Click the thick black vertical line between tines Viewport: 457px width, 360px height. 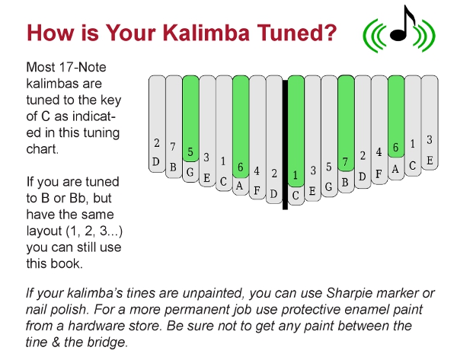point(285,144)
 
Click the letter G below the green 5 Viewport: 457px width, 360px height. point(190,172)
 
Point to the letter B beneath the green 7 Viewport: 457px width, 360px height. point(345,183)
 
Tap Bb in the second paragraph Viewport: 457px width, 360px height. point(78,198)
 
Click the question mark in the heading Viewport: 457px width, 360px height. point(330,32)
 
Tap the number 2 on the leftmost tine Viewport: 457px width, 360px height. point(157,143)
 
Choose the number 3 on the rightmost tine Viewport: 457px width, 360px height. point(430,140)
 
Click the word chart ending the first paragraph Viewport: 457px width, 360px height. point(42,149)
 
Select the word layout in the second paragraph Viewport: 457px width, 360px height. point(44,231)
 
